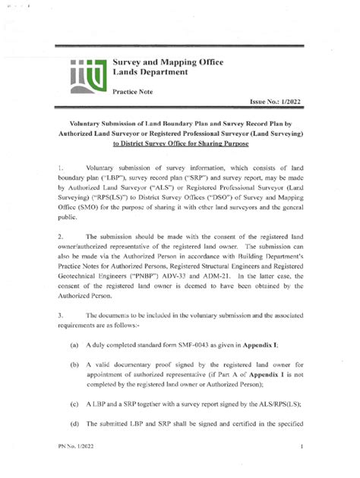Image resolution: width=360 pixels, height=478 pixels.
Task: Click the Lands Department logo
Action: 84,75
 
